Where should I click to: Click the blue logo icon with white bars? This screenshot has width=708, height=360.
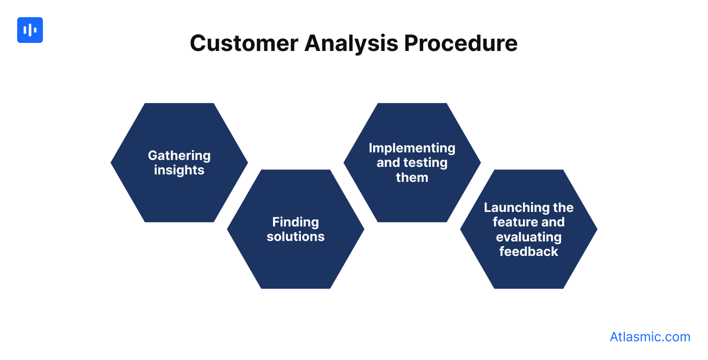click(30, 30)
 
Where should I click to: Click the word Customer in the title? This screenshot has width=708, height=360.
click(244, 43)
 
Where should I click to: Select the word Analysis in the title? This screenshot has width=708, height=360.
click(351, 43)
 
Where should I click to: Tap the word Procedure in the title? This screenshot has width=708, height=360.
click(460, 43)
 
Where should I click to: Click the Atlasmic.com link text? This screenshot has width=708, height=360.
click(650, 337)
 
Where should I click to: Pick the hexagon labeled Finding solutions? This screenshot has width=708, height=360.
click(296, 263)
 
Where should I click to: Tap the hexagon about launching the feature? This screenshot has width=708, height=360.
click(528, 274)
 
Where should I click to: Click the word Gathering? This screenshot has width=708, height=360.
click(179, 156)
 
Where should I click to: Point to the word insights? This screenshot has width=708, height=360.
click(179, 170)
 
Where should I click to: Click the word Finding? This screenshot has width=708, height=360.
click(296, 222)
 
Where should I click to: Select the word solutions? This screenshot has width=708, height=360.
click(296, 237)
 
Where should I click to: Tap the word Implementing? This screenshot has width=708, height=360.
click(412, 148)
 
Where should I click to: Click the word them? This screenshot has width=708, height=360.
click(412, 178)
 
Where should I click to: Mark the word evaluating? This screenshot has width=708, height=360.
click(528, 237)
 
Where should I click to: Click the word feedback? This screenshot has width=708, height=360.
click(528, 252)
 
